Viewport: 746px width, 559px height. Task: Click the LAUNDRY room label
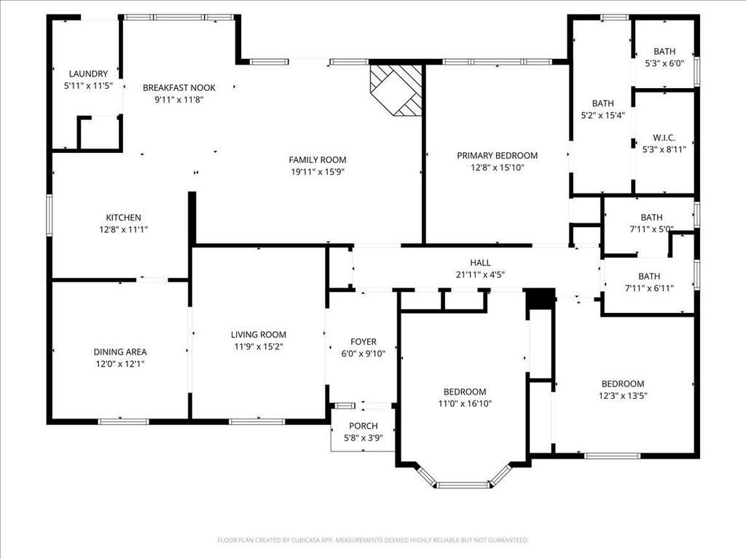[88, 74]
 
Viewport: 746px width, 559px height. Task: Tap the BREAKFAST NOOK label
[179, 87]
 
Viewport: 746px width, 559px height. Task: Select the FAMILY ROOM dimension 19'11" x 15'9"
[318, 172]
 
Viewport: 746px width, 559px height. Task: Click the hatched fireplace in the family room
[396, 90]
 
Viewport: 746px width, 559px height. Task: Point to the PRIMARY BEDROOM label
[497, 156]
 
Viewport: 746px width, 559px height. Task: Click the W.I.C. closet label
[664, 138]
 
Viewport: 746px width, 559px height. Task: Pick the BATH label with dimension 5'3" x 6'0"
[664, 52]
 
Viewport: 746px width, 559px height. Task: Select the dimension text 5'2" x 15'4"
[602, 115]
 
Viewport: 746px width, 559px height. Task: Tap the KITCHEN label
[123, 218]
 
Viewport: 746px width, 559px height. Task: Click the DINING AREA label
[120, 352]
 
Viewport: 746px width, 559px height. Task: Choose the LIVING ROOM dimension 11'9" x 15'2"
[259, 346]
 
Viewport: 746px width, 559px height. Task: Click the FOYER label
[363, 342]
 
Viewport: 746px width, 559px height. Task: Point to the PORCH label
[363, 426]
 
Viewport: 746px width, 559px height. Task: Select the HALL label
[480, 263]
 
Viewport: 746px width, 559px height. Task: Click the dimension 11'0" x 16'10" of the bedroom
[465, 403]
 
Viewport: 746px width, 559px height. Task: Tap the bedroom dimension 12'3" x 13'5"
[623, 395]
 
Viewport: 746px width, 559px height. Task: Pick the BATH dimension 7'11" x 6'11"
[649, 288]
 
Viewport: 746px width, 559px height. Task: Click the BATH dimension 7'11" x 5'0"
[651, 229]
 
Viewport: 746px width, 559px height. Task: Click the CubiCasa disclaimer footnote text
[373, 540]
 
